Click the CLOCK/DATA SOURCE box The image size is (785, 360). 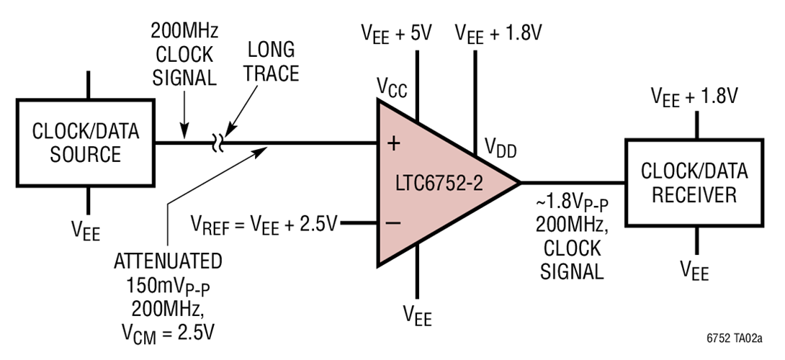(x=86, y=143)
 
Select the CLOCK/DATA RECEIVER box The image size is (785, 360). (x=695, y=183)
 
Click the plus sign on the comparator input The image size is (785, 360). (x=393, y=143)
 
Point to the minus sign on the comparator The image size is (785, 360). (x=393, y=223)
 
